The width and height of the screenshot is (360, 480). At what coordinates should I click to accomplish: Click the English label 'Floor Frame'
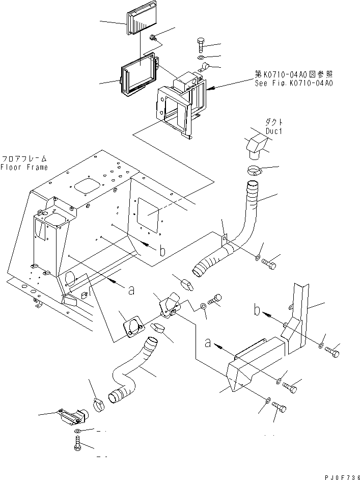(x=24, y=167)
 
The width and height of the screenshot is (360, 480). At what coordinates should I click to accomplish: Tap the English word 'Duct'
(x=273, y=130)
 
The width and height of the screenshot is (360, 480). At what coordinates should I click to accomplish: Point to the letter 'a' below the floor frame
(x=131, y=290)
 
